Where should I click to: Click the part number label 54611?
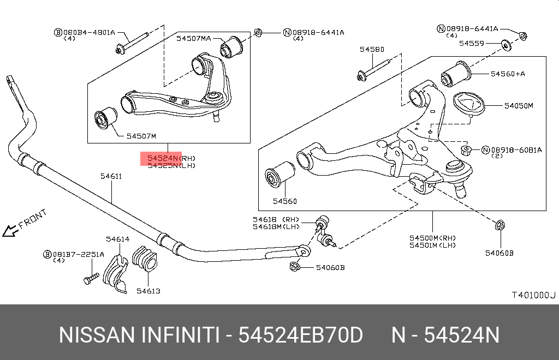[x=111, y=177]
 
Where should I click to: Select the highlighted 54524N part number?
[x=161, y=158]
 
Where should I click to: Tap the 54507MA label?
[x=193, y=38]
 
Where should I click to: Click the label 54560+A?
[x=507, y=73]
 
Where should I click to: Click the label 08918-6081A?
[x=516, y=149]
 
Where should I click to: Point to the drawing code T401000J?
[x=533, y=295]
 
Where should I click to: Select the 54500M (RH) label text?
[x=433, y=238]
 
